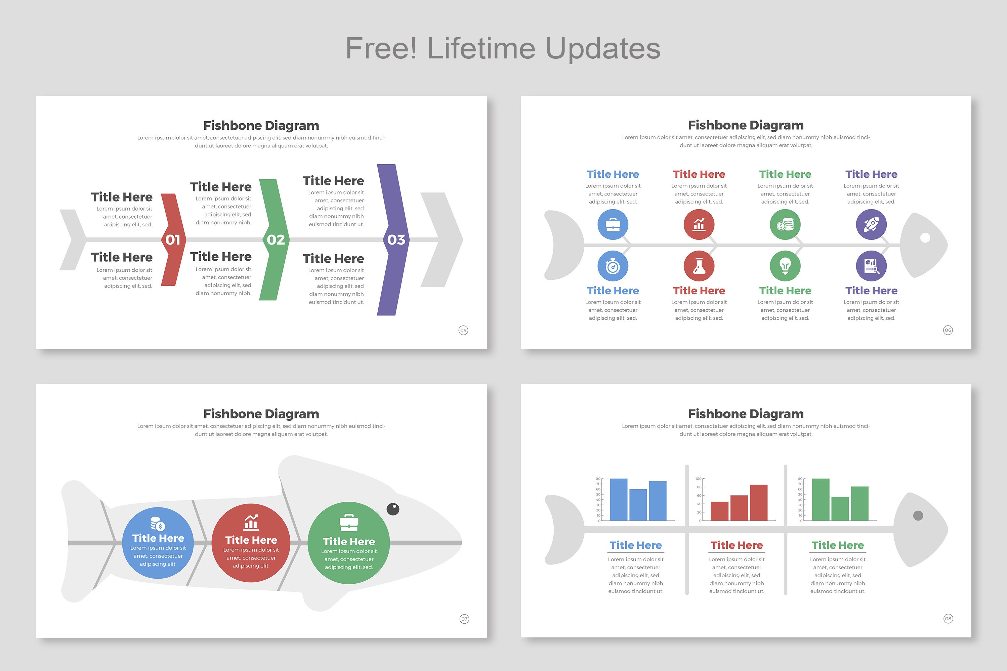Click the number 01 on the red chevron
pyautogui.click(x=173, y=240)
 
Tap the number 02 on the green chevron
pyautogui.click(x=276, y=240)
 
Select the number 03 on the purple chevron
pyautogui.click(x=396, y=240)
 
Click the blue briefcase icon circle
pyautogui.click(x=613, y=224)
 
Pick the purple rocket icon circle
pyautogui.click(x=871, y=224)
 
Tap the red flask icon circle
pyautogui.click(x=699, y=266)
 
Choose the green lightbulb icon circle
pyautogui.click(x=785, y=266)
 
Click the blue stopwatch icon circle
pyautogui.click(x=613, y=266)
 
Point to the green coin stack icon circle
pyautogui.click(x=785, y=224)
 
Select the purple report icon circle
pyautogui.click(x=871, y=266)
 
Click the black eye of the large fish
pyautogui.click(x=392, y=509)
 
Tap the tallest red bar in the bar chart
pyautogui.click(x=758, y=502)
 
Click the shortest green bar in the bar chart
pyautogui.click(x=840, y=508)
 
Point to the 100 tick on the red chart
pyautogui.click(x=698, y=479)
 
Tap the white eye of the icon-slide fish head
pyautogui.click(x=925, y=237)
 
